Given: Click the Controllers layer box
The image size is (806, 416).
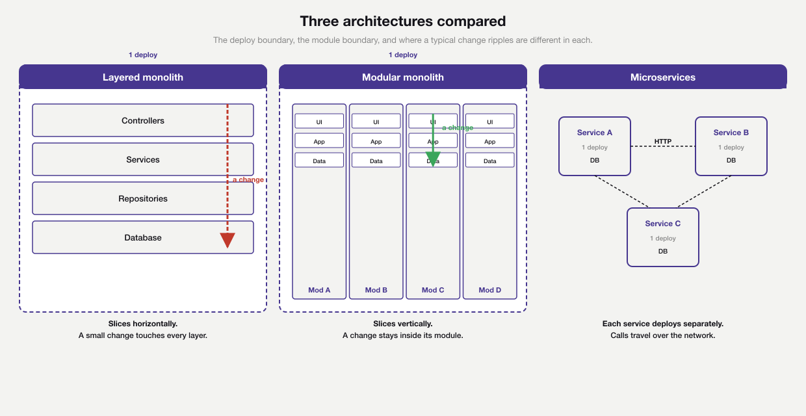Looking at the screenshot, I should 143,120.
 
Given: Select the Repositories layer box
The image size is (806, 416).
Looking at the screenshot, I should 143,198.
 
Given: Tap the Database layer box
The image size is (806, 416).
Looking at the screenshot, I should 143,237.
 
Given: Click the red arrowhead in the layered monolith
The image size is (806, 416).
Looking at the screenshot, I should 227,240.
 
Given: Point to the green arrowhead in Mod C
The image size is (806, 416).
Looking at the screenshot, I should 433,159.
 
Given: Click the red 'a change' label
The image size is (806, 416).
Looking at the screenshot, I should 248,179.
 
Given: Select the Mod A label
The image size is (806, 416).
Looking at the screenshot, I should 319,290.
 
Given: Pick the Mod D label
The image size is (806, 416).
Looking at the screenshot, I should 490,290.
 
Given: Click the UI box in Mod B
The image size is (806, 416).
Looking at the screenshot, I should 376,122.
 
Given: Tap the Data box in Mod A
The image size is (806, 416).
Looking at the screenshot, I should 319,161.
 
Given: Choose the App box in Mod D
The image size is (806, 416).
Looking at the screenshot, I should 490,141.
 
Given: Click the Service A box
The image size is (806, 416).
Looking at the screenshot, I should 595,146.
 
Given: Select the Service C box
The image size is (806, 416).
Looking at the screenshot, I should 663,237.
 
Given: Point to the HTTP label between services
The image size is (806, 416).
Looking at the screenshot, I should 663,141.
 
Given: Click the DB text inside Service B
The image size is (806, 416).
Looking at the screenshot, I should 731,160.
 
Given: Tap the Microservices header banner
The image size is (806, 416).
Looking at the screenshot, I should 663,77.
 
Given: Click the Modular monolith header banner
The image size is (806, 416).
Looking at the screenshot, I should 403,77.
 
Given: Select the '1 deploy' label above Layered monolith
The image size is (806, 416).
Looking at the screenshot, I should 143,55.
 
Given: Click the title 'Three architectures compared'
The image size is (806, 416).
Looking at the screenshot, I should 403,21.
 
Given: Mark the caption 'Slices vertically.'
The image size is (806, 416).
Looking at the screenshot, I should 403,324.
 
